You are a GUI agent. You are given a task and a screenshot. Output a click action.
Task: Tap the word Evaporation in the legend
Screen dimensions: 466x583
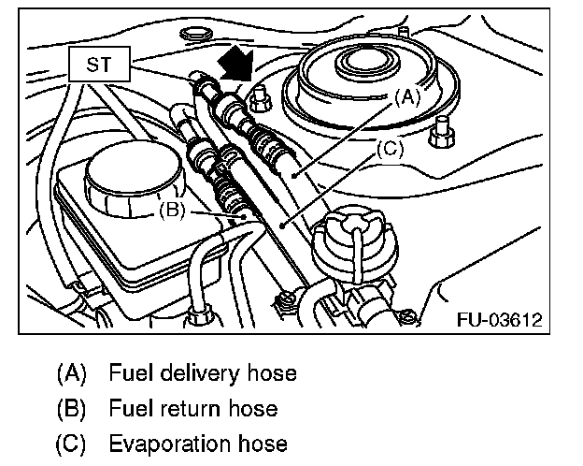(163, 443)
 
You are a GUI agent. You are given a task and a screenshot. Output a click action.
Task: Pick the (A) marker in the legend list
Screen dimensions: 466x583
(72, 373)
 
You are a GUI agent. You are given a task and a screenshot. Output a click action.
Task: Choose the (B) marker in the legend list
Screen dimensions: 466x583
(72, 408)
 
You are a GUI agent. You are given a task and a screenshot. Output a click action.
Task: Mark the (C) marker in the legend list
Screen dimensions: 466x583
(72, 443)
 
